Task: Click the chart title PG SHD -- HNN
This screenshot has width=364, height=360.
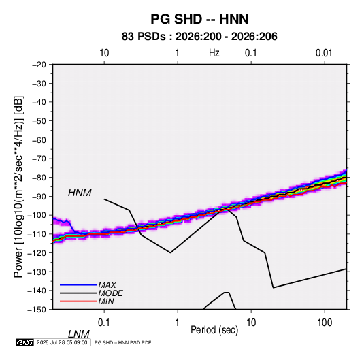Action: pyautogui.click(x=199, y=19)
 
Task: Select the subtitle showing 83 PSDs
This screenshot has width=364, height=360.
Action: pyautogui.click(x=199, y=37)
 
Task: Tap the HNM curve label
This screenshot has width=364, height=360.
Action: pyautogui.click(x=80, y=193)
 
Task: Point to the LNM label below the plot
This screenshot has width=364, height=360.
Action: pyautogui.click(x=78, y=334)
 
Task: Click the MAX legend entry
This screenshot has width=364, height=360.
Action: pyautogui.click(x=107, y=284)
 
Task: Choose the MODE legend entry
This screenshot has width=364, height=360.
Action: pyautogui.click(x=110, y=293)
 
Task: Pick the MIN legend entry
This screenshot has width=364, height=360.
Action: pyautogui.click(x=106, y=301)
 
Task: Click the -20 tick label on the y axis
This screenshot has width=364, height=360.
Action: pyautogui.click(x=39, y=65)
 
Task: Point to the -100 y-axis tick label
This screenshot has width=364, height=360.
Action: pyautogui.click(x=37, y=215)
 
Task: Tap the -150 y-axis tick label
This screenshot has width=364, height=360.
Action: pyautogui.click(x=37, y=310)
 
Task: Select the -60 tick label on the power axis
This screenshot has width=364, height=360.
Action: pyautogui.click(x=39, y=140)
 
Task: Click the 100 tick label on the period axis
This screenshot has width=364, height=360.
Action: pyautogui.click(x=325, y=323)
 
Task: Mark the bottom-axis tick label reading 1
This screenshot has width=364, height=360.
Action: pyautogui.click(x=178, y=323)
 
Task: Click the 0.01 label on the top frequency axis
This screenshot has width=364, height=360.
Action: pyautogui.click(x=324, y=53)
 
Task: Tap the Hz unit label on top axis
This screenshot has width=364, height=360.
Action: pyautogui.click(x=214, y=53)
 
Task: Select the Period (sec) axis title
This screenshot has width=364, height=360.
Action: pyautogui.click(x=214, y=330)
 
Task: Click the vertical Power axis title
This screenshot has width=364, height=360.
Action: pyautogui.click(x=18, y=187)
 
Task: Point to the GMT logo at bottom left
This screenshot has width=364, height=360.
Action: pyautogui.click(x=24, y=342)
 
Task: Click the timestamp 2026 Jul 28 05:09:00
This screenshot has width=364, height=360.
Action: pyautogui.click(x=62, y=342)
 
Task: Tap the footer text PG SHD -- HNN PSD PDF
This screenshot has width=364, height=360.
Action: pyautogui.click(x=122, y=342)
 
